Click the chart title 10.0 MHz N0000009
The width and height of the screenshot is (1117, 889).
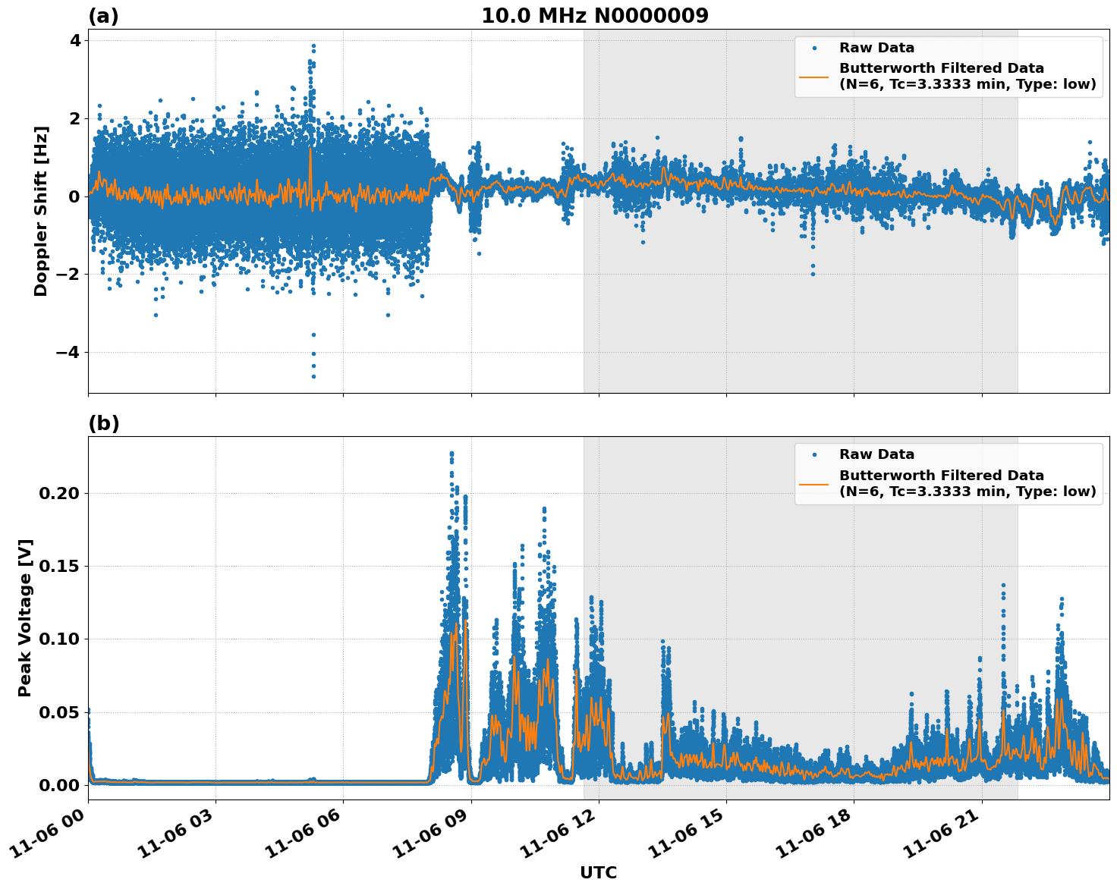point(594,16)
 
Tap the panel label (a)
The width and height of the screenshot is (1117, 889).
point(103,16)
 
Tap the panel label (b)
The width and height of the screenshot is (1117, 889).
point(103,423)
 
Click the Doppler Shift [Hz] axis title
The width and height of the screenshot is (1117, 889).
point(41,211)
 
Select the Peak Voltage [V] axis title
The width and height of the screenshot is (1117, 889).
point(25,617)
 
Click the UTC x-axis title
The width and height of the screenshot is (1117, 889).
point(598,872)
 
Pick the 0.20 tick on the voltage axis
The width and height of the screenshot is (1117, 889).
point(59,493)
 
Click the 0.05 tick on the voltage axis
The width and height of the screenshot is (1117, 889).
point(59,712)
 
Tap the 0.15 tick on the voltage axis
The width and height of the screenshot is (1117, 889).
point(59,567)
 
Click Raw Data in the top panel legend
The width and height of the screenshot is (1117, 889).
point(876,48)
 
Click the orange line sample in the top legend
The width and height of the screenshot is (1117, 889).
point(814,76)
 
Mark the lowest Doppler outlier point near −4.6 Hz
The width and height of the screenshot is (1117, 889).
point(313,376)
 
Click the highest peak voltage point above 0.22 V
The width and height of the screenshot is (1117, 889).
point(452,454)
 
